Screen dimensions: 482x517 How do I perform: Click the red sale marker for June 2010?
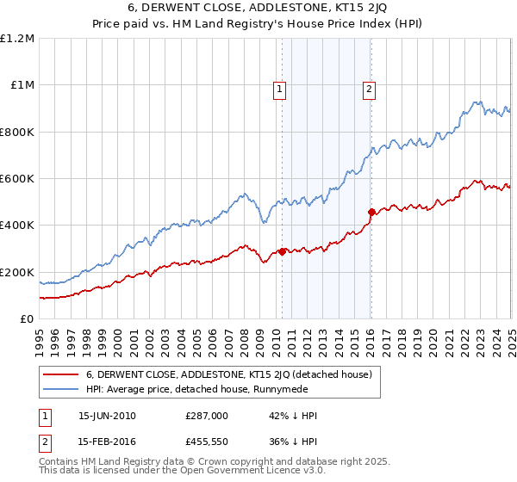[282, 252]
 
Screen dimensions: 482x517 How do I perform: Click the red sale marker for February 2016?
[371, 212]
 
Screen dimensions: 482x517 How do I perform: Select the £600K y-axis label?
[16, 179]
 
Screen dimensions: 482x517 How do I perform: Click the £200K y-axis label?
[16, 272]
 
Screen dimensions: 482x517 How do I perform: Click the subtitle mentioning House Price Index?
[258, 26]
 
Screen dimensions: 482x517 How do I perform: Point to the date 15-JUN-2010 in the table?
[107, 415]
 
